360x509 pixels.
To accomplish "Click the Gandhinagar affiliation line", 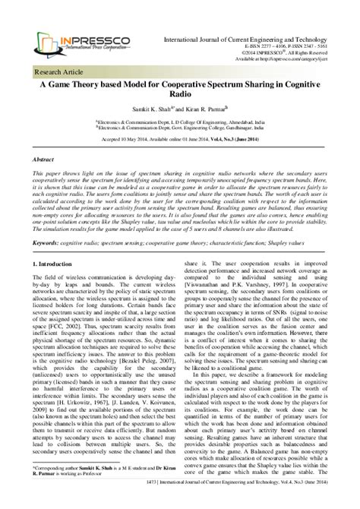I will [179, 130].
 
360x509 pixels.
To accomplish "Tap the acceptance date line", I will [179, 142].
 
